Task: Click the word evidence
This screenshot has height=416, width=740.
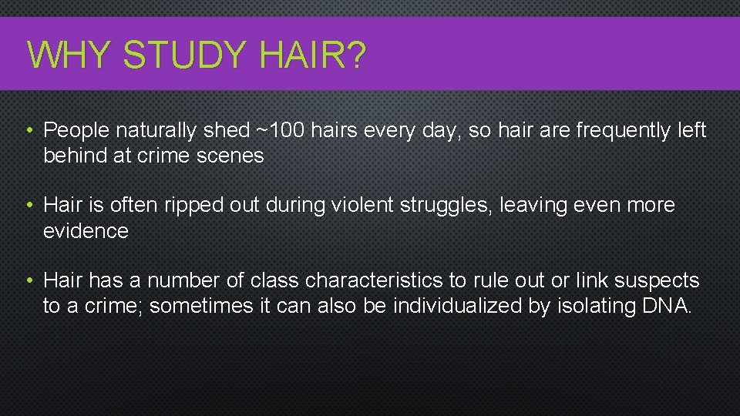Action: coord(86,230)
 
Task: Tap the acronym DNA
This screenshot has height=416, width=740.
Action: coord(666,306)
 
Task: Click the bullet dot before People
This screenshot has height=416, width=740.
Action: coord(29,131)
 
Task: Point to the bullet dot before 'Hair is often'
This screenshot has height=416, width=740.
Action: coord(29,206)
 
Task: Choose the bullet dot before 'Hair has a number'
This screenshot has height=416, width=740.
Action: coord(29,280)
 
